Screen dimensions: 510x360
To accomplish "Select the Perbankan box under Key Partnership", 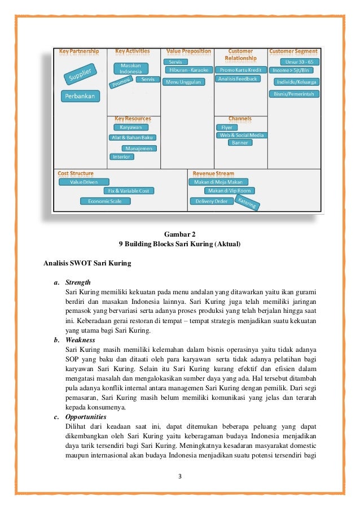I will (80, 96).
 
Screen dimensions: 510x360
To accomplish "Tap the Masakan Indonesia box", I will (131, 68).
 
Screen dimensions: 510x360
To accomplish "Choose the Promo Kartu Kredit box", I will (239, 69).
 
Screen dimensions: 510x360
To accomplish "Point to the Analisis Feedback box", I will (238, 79).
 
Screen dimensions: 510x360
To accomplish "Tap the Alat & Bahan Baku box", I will (133, 137).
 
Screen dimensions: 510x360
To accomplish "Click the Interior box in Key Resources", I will (121, 156).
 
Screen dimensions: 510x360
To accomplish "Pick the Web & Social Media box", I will (242, 135).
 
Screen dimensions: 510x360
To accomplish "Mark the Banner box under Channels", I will (239, 143).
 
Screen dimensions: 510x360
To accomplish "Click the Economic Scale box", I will (105, 200).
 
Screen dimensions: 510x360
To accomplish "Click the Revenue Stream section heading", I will (213, 173).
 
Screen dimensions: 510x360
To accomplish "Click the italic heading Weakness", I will (80, 340).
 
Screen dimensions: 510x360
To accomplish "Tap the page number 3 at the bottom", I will (179, 474).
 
